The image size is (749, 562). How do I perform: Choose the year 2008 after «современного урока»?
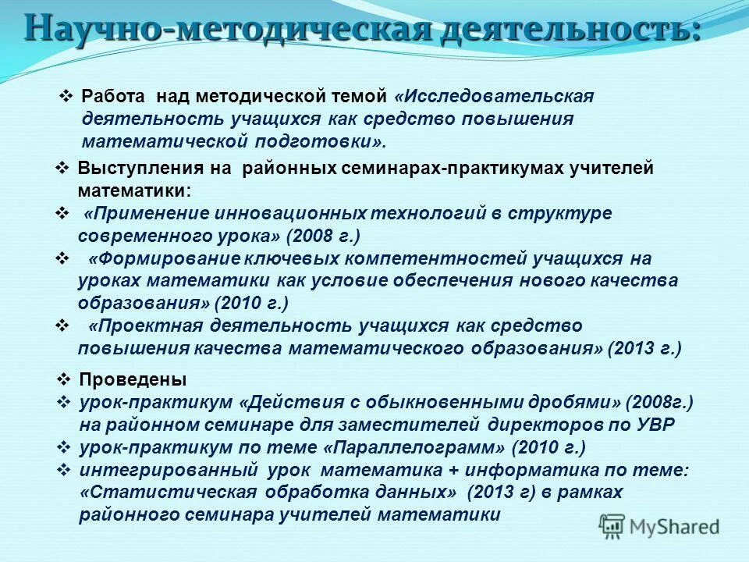click(x=313, y=235)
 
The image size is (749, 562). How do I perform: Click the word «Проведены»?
click(x=133, y=380)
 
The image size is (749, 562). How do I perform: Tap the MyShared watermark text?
click(x=674, y=525)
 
